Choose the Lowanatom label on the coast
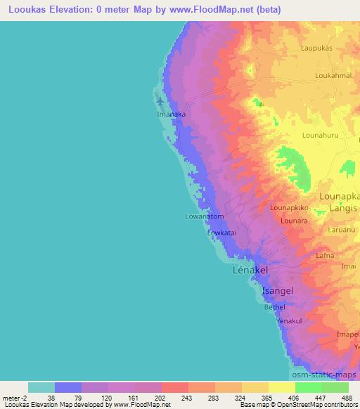204,217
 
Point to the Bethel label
275,307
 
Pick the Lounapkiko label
290,209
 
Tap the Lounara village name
295,221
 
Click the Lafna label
325,257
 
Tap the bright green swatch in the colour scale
308,387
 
